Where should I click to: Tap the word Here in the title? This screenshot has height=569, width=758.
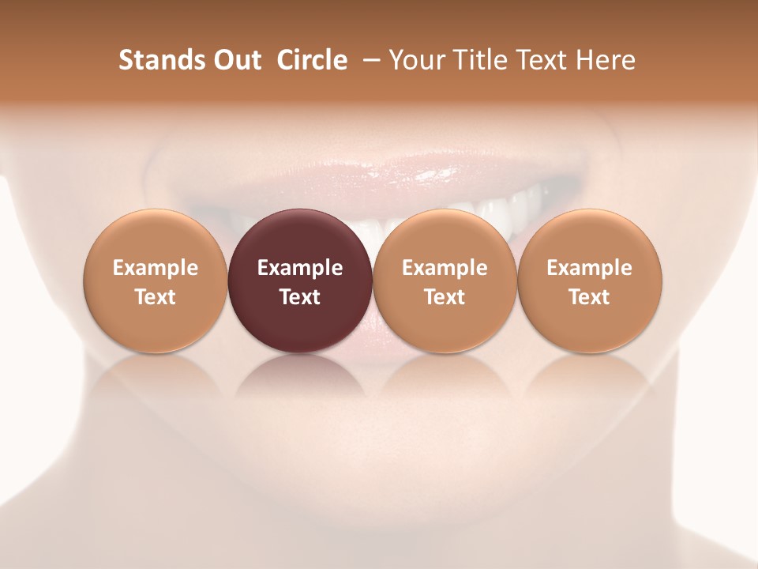(606, 60)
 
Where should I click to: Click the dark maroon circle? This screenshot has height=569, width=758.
(300, 237)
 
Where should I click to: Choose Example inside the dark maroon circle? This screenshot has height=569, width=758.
(300, 268)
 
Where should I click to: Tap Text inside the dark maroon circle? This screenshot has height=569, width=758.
(300, 297)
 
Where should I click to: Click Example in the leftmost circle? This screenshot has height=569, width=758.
(156, 268)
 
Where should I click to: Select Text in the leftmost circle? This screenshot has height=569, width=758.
(156, 297)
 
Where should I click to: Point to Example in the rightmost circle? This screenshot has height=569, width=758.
(589, 268)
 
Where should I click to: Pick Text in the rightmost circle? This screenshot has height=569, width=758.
(589, 297)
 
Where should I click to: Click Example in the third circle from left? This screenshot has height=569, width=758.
(445, 268)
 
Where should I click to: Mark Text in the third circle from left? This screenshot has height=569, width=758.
(445, 297)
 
